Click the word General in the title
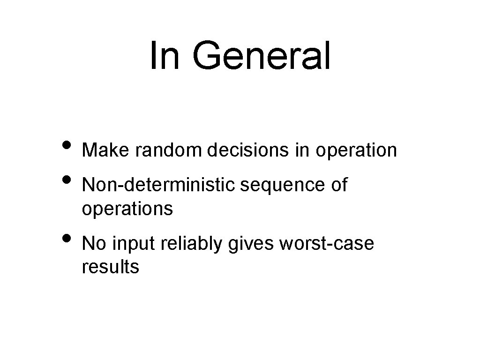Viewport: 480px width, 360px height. coord(261,56)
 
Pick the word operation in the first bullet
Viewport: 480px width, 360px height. coord(356,151)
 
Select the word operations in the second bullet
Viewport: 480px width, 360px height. coord(127,209)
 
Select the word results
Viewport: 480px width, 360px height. coord(110,267)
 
